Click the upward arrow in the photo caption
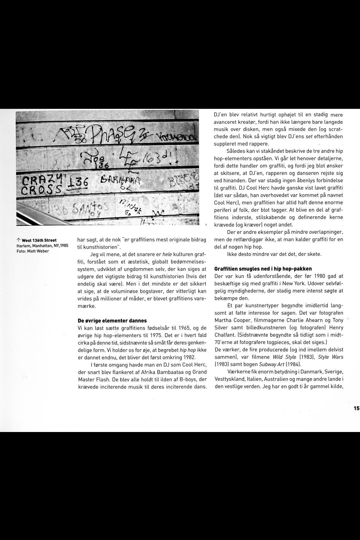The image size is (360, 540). pyautogui.click(x=18, y=240)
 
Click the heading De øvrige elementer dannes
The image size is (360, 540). pyautogui.click(x=112, y=320)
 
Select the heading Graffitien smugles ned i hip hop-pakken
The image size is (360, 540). pyautogui.click(x=263, y=269)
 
